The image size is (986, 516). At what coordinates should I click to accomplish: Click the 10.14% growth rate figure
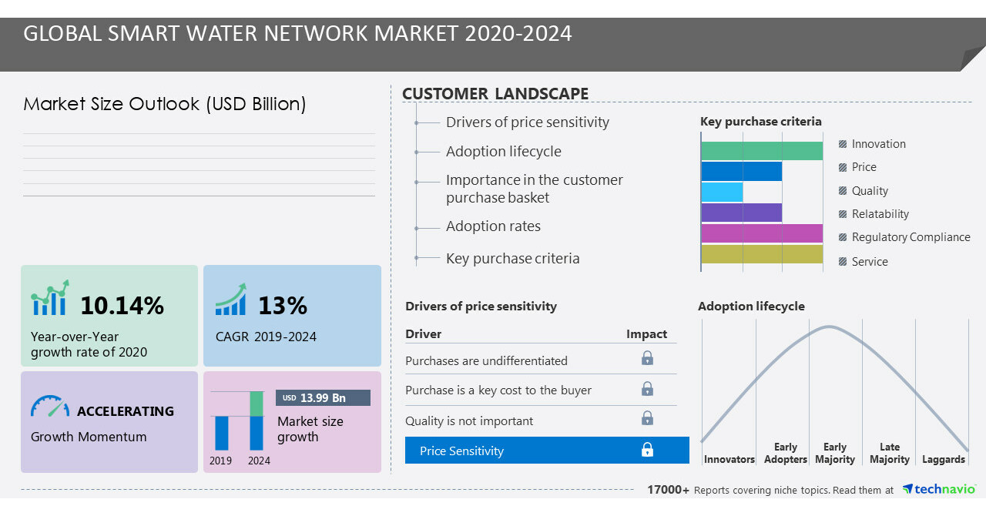(122, 306)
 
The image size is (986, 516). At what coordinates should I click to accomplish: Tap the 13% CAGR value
(282, 306)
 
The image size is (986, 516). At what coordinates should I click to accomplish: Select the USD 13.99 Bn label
(323, 397)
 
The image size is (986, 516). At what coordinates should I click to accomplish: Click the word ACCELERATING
(126, 411)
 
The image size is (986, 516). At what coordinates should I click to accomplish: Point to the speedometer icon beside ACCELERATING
(49, 407)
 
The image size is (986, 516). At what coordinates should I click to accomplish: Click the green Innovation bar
(762, 151)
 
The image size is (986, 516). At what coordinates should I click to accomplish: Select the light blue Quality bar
(723, 192)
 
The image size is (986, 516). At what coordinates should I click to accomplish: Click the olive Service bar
(762, 254)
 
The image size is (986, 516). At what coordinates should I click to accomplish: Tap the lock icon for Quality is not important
(647, 418)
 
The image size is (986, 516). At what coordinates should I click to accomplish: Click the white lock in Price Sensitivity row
(647, 450)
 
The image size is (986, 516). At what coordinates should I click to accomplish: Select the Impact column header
(646, 333)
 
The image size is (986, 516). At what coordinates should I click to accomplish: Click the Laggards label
(943, 459)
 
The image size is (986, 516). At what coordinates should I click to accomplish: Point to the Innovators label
(729, 459)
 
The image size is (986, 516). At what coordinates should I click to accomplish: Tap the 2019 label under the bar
(221, 461)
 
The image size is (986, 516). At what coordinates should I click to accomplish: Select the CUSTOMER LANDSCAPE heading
(495, 94)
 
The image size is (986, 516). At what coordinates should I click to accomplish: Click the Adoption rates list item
(493, 226)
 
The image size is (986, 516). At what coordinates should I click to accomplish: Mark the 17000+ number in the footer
(668, 490)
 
